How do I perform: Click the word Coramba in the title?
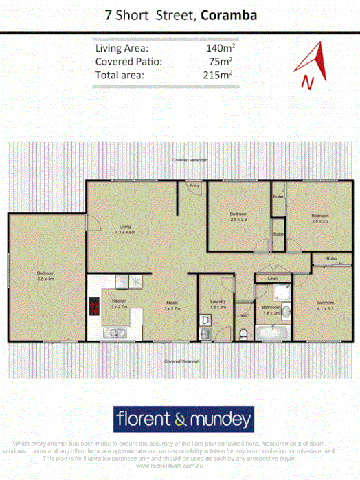(228, 14)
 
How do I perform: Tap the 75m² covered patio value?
(220, 61)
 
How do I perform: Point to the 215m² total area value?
(218, 75)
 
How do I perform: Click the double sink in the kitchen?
(113, 333)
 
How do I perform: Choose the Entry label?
(194, 186)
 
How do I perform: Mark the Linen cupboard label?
(272, 279)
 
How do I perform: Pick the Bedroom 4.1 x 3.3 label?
(325, 305)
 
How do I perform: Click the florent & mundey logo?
(183, 418)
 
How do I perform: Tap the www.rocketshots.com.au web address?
(180, 464)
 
